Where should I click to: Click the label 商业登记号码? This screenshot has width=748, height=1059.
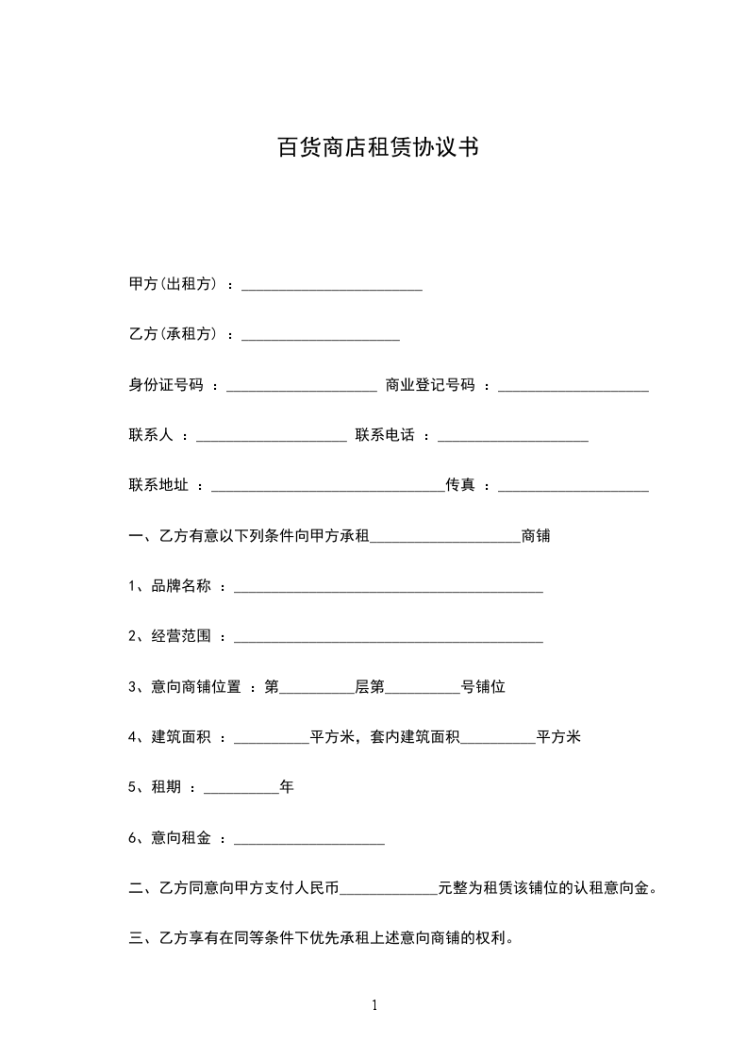[430, 385]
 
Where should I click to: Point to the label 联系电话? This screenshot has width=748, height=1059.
[385, 436]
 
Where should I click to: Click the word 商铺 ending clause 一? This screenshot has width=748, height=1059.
[536, 537]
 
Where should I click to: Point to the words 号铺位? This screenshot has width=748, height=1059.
[483, 687]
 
